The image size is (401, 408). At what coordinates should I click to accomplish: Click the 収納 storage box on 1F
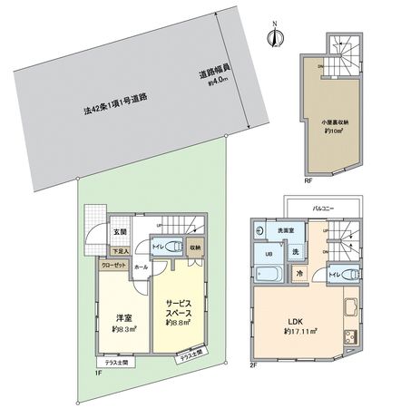click(x=197, y=247)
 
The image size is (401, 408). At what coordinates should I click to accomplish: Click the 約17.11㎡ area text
click(x=298, y=331)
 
